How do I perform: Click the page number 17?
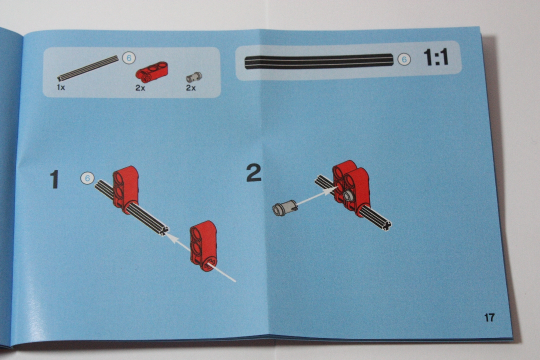[489, 317]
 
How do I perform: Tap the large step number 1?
[54, 179]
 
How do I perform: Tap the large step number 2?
[254, 173]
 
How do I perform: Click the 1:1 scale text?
[436, 57]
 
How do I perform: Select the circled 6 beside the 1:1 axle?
[404, 59]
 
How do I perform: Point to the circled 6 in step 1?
[87, 178]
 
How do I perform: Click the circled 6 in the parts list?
[129, 58]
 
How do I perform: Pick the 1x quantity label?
[61, 87]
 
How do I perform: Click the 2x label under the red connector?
[140, 88]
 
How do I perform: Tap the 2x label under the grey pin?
[191, 88]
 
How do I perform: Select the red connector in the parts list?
[151, 71]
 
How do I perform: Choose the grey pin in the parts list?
[194, 77]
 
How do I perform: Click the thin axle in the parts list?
[88, 68]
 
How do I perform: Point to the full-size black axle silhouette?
[318, 61]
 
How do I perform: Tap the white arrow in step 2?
[317, 195]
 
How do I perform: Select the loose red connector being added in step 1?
[203, 246]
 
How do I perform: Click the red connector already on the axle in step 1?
[125, 189]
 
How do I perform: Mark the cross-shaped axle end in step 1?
[164, 230]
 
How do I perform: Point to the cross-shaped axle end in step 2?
[386, 225]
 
